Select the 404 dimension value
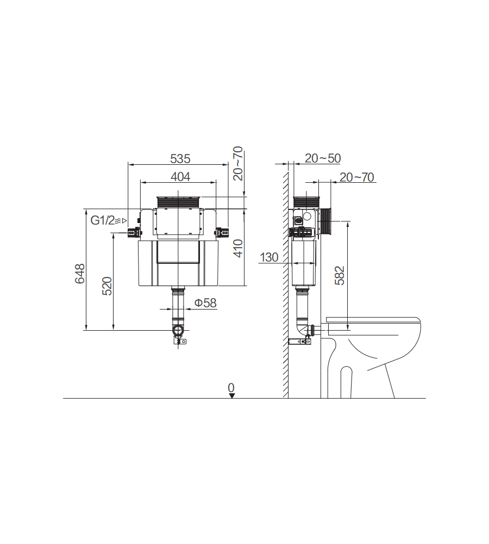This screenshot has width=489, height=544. pyautogui.click(x=180, y=176)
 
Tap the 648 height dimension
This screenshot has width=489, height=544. pyautogui.click(x=80, y=274)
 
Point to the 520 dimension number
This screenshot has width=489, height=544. pyautogui.click(x=107, y=286)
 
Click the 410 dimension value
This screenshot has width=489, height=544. pyautogui.click(x=238, y=248)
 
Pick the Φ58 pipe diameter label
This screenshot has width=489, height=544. pyautogui.click(x=205, y=303)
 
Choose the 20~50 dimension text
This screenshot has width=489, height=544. pyautogui.click(x=322, y=158)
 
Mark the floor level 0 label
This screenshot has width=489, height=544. pyautogui.click(x=231, y=387)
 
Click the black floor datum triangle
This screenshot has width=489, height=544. pyautogui.click(x=232, y=395)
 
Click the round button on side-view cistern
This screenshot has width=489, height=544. pyautogui.click(x=308, y=216)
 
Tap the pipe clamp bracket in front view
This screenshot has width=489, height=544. pyautogui.click(x=179, y=341)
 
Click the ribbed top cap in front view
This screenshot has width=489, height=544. pyautogui.click(x=179, y=201)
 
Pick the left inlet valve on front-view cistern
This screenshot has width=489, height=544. pyautogui.click(x=132, y=233)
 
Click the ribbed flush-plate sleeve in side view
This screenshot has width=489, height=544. pyautogui.click(x=326, y=221)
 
